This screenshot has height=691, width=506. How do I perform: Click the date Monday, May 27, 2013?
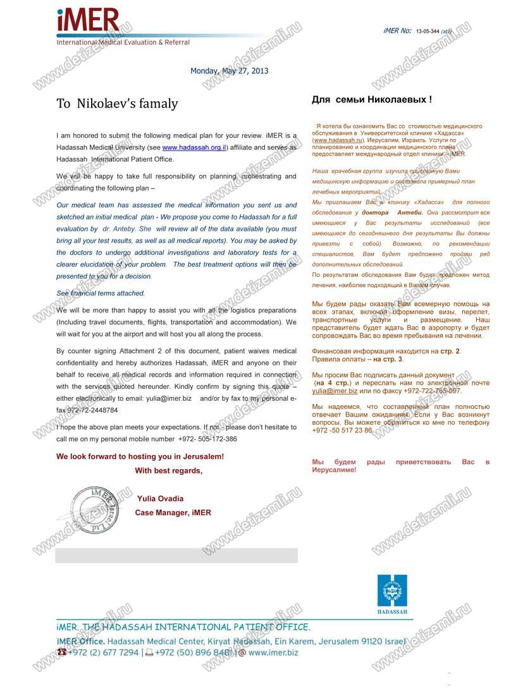[229, 71]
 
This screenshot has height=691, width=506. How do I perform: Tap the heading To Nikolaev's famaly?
[117, 104]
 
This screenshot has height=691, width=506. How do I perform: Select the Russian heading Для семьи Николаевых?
[372, 100]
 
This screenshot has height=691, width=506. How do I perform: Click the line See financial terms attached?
[101, 293]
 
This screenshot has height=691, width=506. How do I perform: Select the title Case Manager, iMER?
[173, 513]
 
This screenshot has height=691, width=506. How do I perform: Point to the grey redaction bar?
[176, 555]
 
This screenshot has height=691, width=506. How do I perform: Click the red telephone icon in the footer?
[61, 652]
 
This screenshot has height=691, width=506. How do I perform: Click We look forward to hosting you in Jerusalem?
[140, 456]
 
